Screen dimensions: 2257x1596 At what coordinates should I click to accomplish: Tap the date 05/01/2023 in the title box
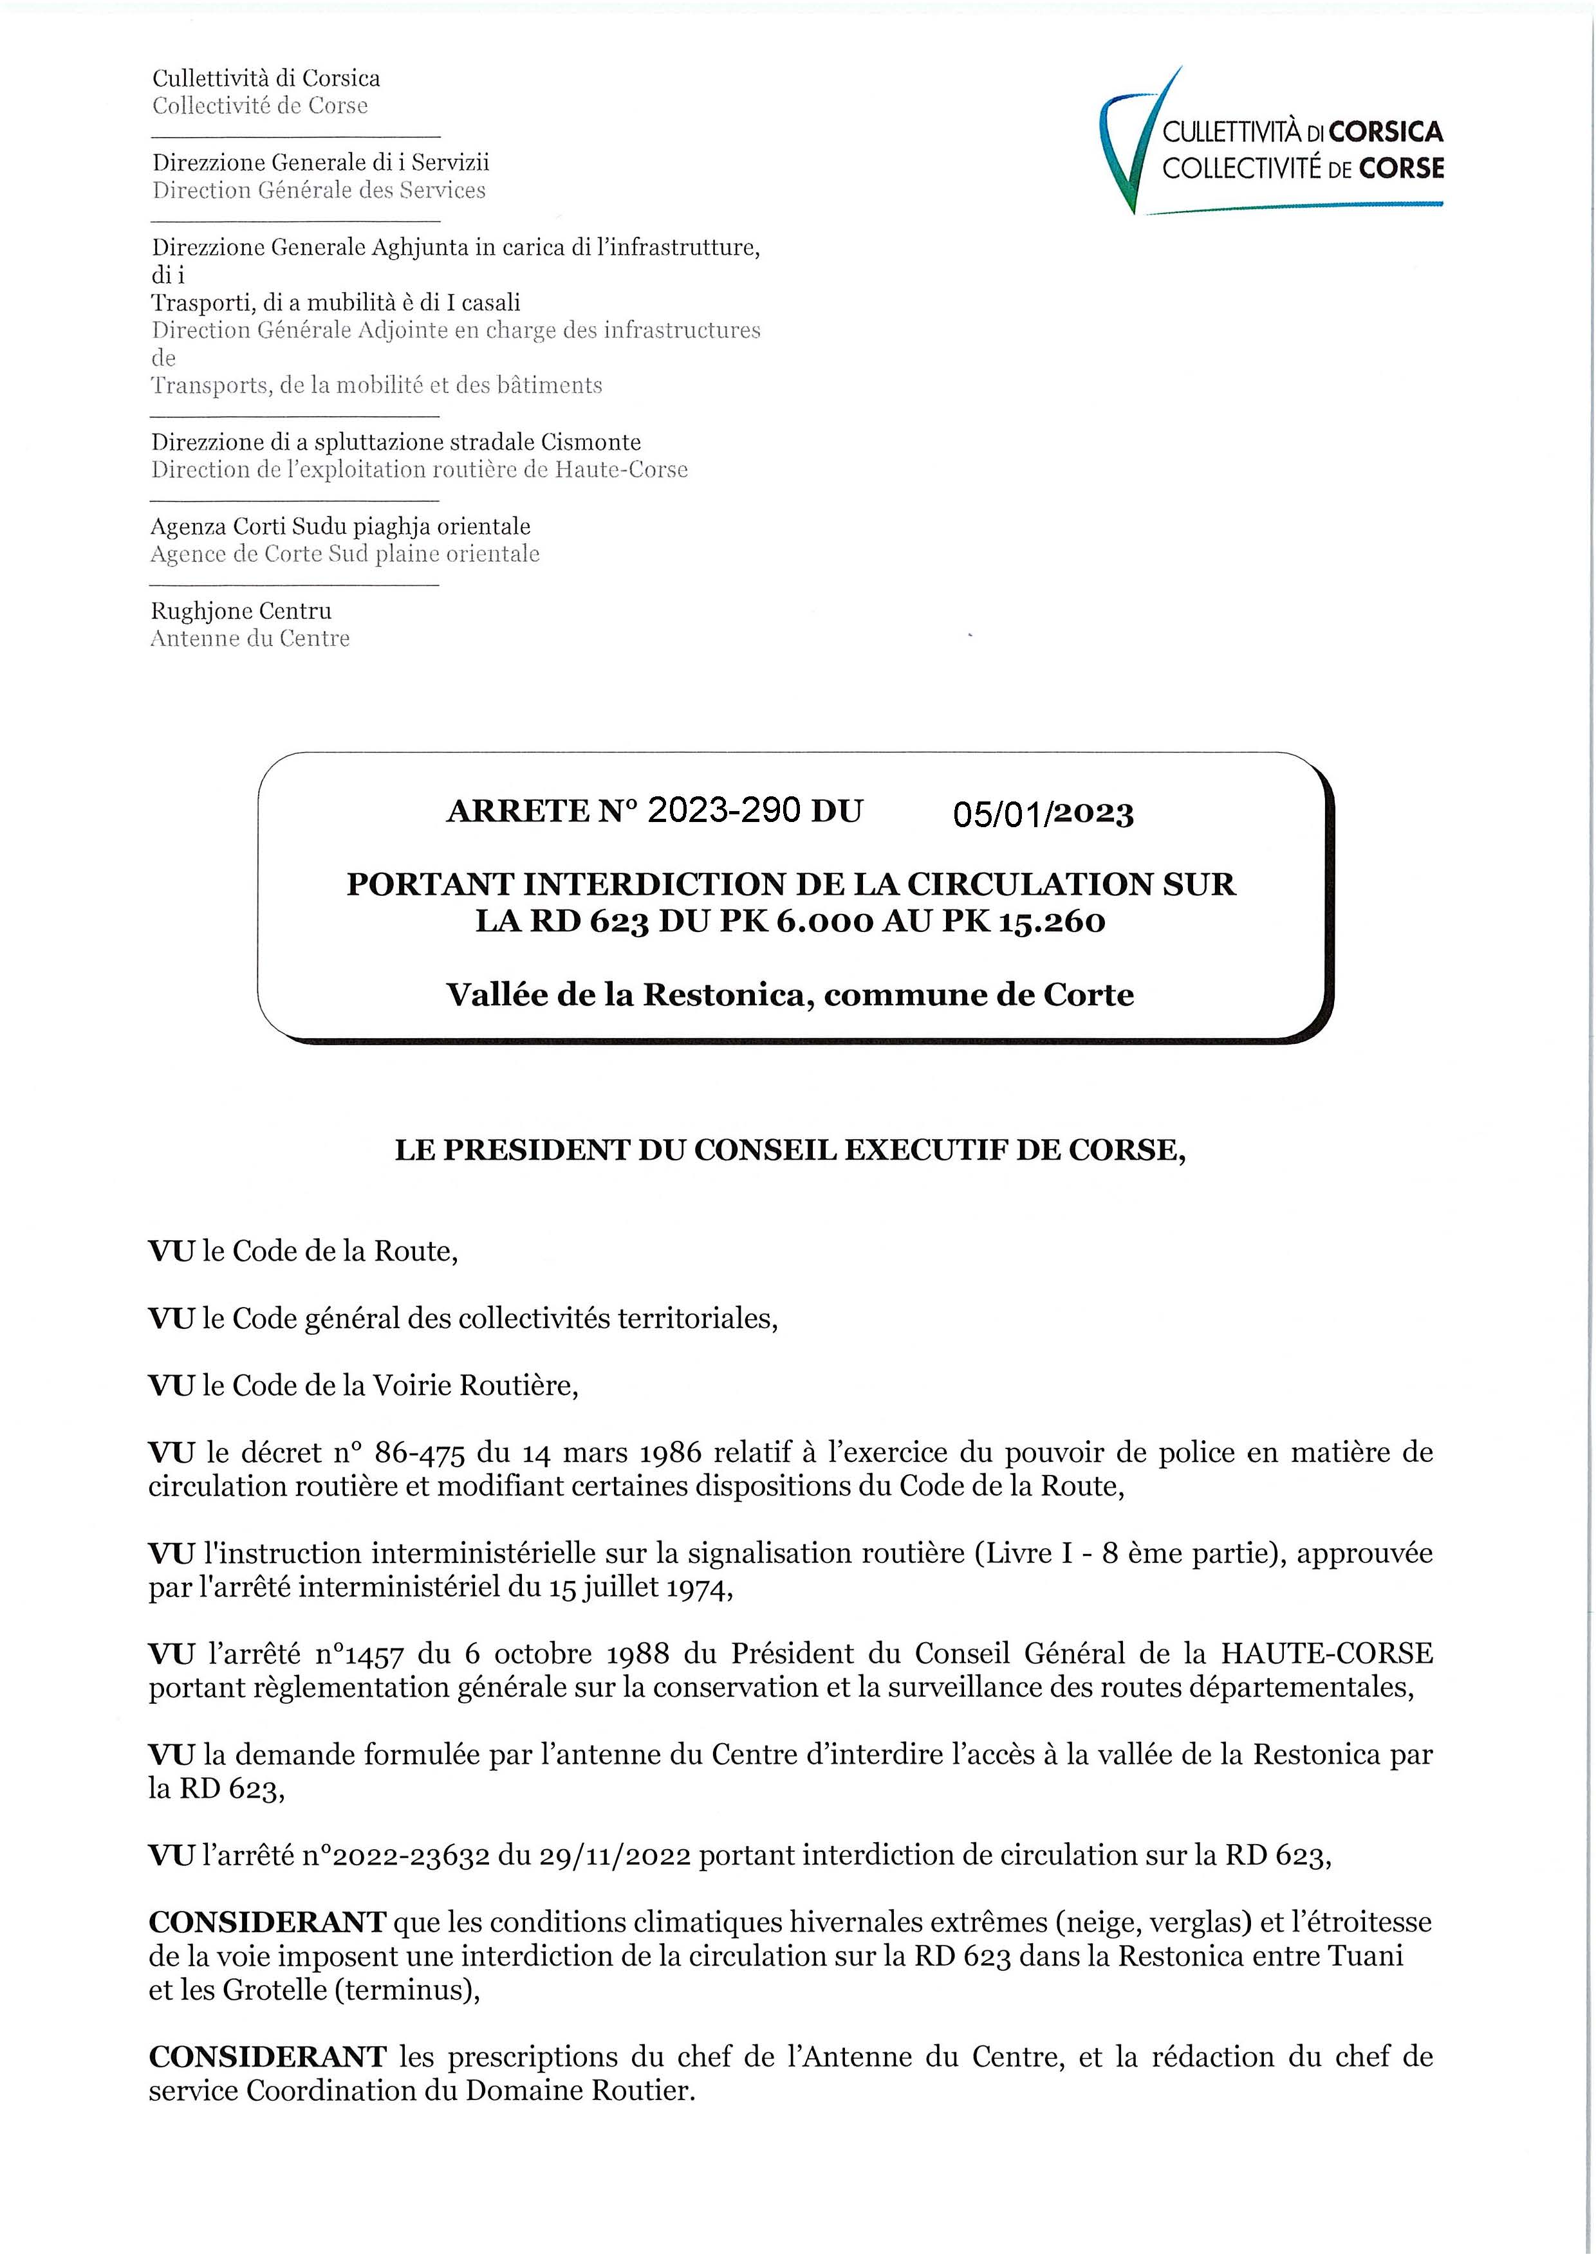pos(1043,814)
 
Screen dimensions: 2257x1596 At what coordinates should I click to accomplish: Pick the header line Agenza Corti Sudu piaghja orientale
pos(340,526)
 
